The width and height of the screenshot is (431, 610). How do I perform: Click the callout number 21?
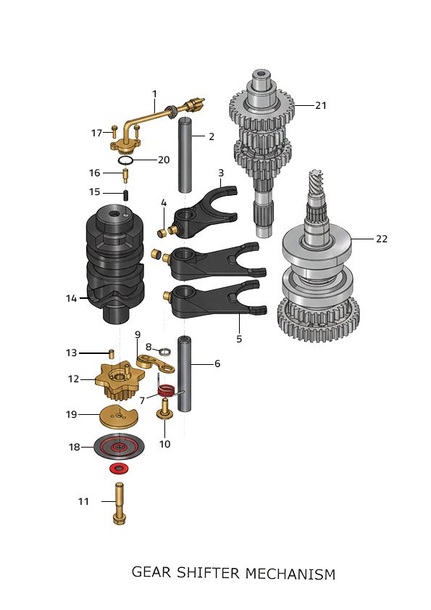(321, 105)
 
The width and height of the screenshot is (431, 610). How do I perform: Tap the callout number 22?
(382, 239)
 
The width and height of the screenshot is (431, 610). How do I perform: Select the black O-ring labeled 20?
(126, 160)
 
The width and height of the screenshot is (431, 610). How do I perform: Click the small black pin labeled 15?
(126, 194)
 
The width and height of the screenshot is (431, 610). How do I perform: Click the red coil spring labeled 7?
(167, 390)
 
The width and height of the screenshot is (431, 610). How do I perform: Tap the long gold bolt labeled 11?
(119, 504)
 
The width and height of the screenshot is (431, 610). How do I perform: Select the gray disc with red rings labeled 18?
(119, 446)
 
